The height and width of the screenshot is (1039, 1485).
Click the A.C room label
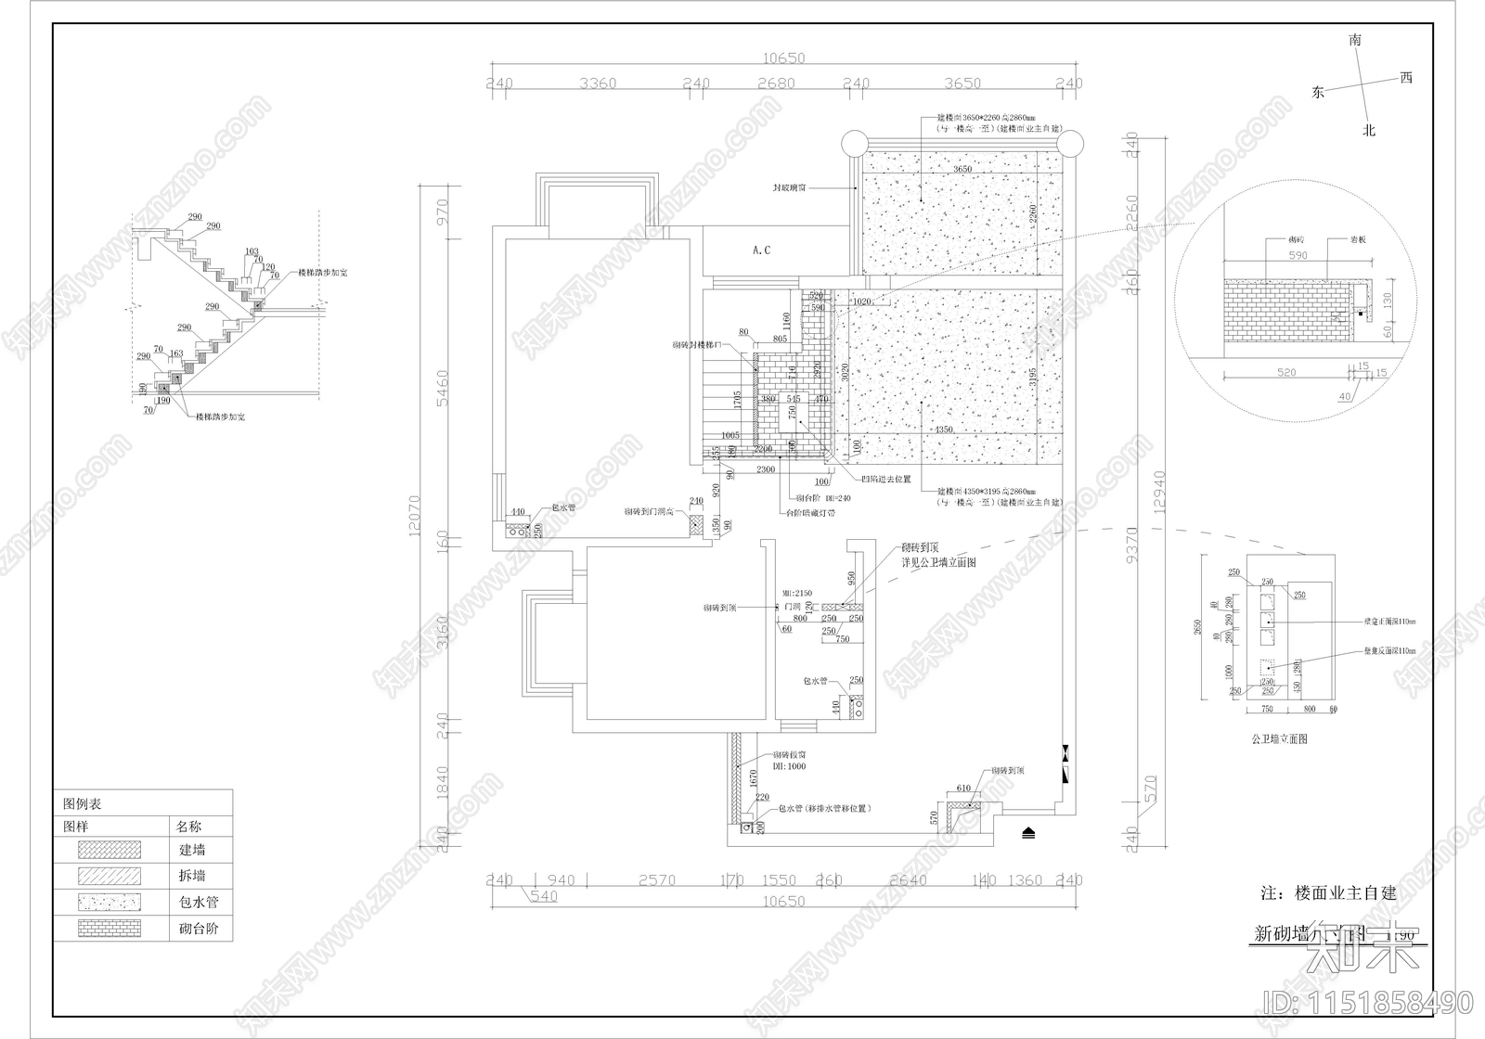click(761, 250)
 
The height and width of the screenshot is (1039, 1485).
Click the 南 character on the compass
click(1356, 41)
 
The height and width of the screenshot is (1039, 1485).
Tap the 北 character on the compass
click(1368, 131)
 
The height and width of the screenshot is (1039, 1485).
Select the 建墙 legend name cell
click(192, 849)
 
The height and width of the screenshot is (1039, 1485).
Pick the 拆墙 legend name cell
click(192, 875)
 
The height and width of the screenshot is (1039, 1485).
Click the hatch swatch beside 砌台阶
click(110, 928)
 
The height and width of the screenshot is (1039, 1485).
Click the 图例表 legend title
click(83, 803)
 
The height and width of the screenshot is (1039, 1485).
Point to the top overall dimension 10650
click(783, 58)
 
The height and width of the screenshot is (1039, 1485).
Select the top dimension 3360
click(597, 83)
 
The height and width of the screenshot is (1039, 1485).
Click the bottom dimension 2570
click(656, 880)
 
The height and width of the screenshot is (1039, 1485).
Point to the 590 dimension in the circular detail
click(1298, 255)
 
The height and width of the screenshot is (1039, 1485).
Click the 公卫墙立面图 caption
click(1279, 739)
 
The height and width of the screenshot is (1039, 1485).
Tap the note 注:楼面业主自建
click(1328, 893)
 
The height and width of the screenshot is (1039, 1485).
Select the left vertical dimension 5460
click(443, 393)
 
